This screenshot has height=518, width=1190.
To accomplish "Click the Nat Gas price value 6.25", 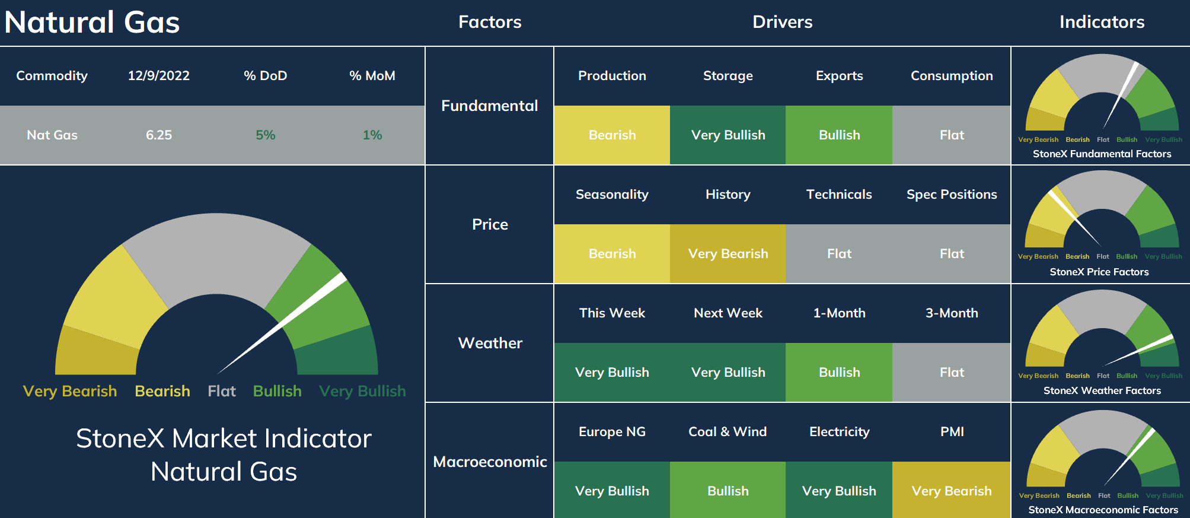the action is [x=159, y=135].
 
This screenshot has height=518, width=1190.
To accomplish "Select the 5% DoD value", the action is [x=266, y=135].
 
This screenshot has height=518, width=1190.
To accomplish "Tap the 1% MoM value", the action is [x=372, y=135].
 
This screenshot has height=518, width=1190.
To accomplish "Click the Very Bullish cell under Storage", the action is [x=728, y=135].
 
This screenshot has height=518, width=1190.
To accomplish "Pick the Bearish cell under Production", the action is [x=612, y=135].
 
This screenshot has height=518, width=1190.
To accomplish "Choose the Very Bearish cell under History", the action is [x=728, y=254].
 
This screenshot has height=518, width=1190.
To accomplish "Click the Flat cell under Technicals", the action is [x=839, y=254].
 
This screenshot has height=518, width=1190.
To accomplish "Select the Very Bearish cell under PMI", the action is [x=952, y=491].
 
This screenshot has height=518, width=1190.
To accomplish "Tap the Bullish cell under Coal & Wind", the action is [x=728, y=491].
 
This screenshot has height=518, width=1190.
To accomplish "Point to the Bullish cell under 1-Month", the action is [x=839, y=373].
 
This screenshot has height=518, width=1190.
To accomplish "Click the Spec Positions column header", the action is [x=952, y=195].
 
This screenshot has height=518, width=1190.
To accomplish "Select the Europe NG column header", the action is [x=612, y=432].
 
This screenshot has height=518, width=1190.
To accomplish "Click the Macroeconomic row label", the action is [x=490, y=462].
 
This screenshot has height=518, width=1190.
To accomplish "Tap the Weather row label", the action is [x=490, y=343].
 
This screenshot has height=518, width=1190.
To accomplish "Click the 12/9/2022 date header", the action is [x=159, y=76].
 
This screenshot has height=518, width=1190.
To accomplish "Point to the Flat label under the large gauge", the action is [x=222, y=391].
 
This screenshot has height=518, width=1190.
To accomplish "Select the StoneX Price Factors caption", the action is [x=1099, y=272].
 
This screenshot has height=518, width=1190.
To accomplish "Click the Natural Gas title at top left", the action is [x=92, y=23].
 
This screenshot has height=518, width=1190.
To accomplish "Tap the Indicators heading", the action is [x=1102, y=22].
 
